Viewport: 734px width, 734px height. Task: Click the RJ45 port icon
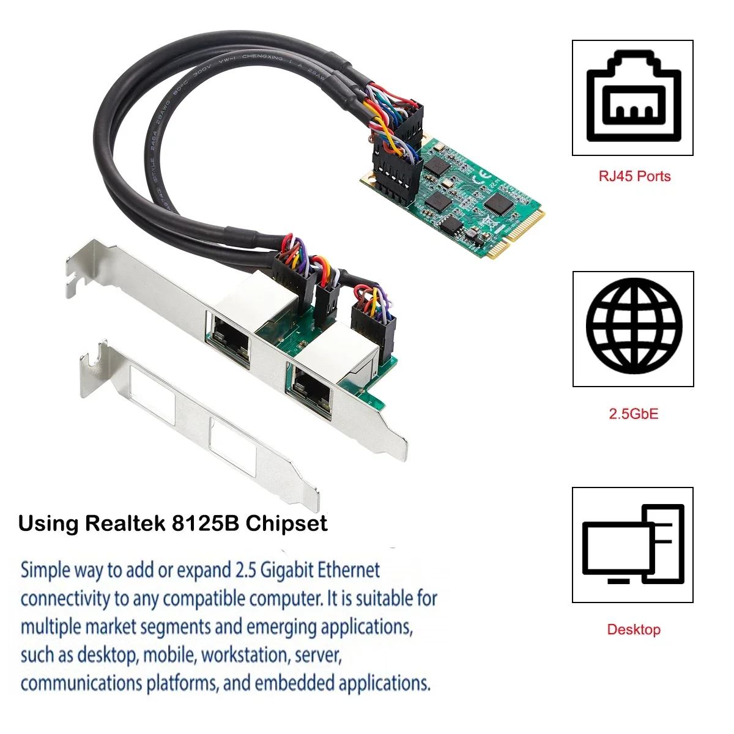(x=632, y=98)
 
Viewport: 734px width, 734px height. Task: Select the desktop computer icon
(x=632, y=545)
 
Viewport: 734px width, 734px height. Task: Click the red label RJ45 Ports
(x=634, y=177)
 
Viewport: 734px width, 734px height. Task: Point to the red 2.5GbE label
(x=633, y=414)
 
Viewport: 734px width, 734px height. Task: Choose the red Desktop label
(x=633, y=629)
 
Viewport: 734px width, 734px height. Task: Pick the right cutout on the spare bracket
(x=232, y=445)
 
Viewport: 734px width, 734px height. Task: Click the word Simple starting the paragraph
(x=45, y=570)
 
